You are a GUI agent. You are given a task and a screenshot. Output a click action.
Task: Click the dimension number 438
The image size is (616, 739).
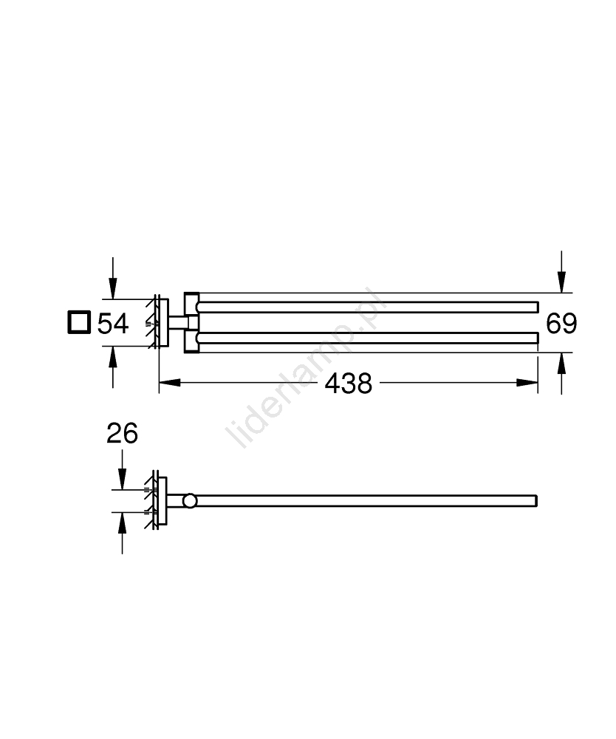[x=348, y=383]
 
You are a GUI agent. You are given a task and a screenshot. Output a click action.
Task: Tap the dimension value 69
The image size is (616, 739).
[x=561, y=324]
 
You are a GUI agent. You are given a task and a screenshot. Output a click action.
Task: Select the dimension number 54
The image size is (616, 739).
[x=112, y=324]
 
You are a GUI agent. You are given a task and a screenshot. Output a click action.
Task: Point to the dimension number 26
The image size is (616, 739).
[x=122, y=433]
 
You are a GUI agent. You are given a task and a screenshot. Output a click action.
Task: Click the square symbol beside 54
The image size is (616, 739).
[x=79, y=322]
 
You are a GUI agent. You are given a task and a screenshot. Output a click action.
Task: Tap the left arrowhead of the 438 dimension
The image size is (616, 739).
[x=170, y=383]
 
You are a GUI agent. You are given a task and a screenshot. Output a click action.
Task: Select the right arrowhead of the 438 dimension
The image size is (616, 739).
[x=527, y=383]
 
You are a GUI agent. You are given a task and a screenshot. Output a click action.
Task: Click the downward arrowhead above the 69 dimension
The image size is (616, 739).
[x=561, y=282]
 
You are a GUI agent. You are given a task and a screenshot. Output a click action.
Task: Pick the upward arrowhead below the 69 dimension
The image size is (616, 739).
[x=561, y=363]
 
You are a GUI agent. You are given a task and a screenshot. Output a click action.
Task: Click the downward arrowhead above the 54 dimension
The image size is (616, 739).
[x=112, y=288]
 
